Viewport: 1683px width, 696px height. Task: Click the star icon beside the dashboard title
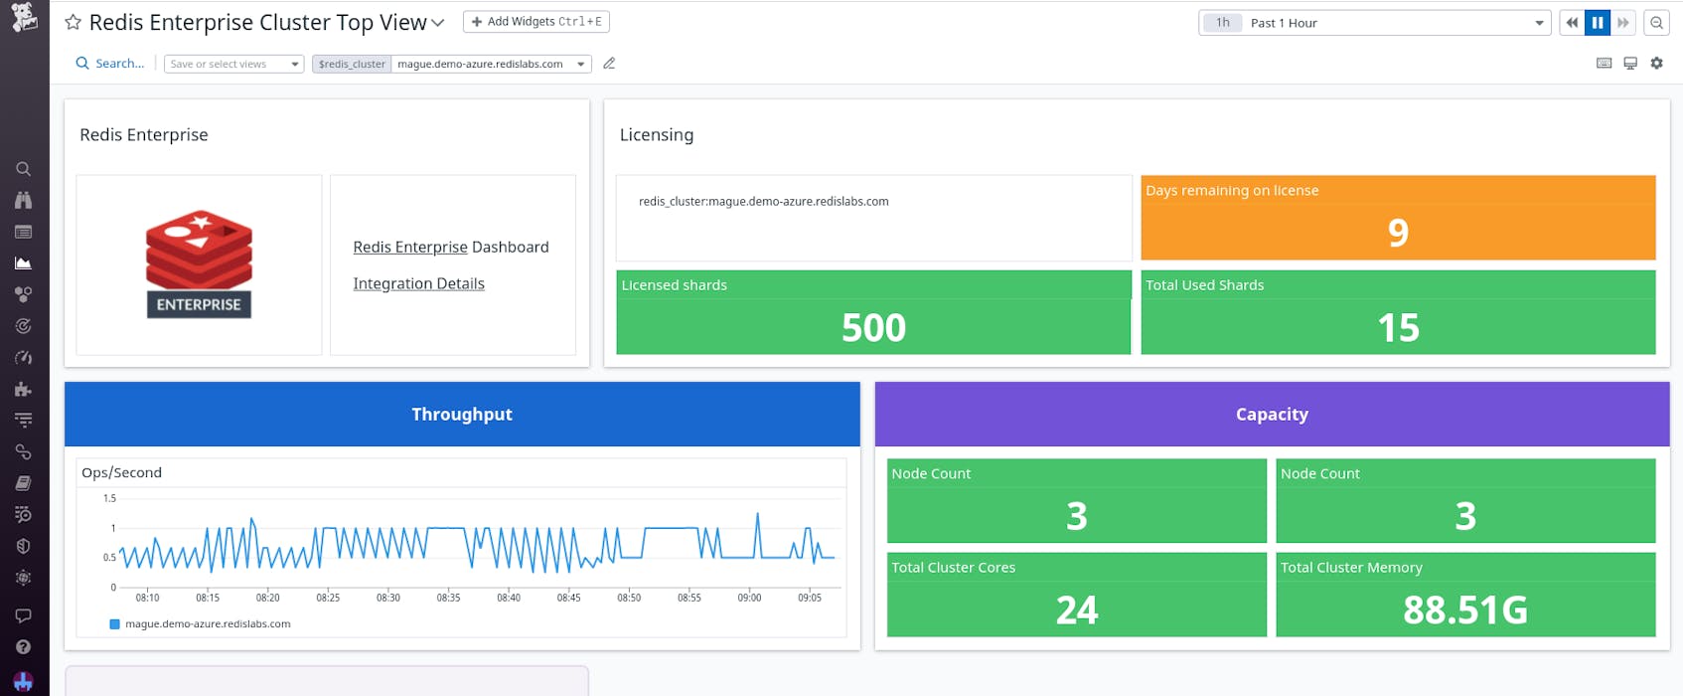pyautogui.click(x=73, y=22)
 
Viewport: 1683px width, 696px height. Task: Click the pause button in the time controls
pyautogui.click(x=1597, y=22)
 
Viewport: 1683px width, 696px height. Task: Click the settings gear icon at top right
pyautogui.click(x=1656, y=63)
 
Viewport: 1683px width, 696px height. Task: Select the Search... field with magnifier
pyautogui.click(x=110, y=63)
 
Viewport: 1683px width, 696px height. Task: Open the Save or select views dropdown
pyautogui.click(x=233, y=64)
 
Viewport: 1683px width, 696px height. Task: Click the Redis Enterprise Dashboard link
pyautogui.click(x=410, y=247)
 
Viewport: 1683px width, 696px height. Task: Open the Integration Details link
pyautogui.click(x=418, y=283)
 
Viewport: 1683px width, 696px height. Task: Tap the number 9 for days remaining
pyautogui.click(x=1397, y=233)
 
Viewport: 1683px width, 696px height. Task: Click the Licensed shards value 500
pyautogui.click(x=873, y=327)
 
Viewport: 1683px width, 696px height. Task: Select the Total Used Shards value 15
pyautogui.click(x=1397, y=327)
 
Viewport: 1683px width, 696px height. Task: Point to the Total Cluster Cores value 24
pyautogui.click(x=1076, y=609)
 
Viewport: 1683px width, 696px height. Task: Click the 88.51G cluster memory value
pyautogui.click(x=1464, y=609)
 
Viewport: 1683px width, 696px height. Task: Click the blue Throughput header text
pyautogui.click(x=462, y=414)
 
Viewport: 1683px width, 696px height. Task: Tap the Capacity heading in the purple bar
pyautogui.click(x=1271, y=414)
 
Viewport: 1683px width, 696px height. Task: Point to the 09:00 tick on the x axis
pyautogui.click(x=749, y=598)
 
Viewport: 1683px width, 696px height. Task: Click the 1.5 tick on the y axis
pyautogui.click(x=109, y=498)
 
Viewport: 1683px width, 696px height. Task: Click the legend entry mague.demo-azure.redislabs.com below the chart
pyautogui.click(x=207, y=623)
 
